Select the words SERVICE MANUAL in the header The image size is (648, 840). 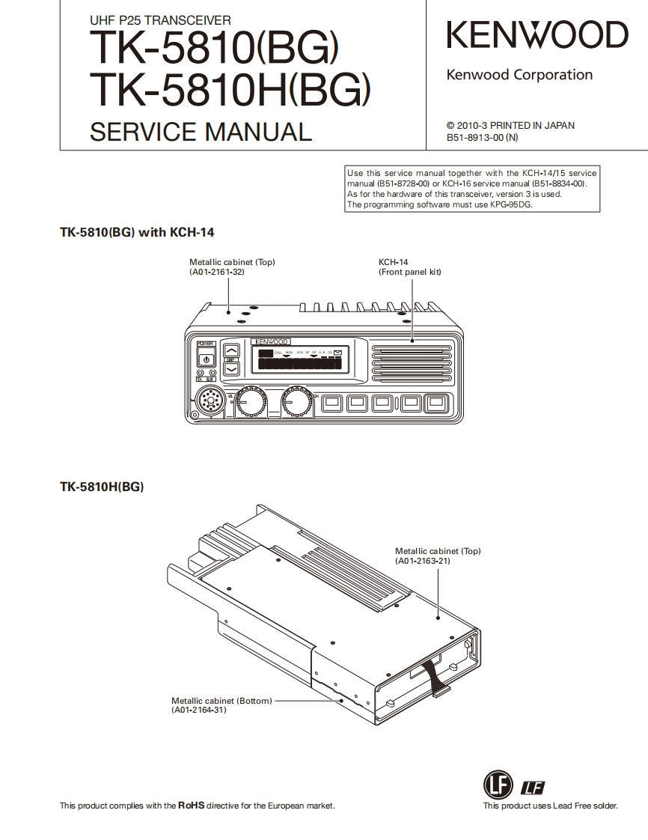coord(200,132)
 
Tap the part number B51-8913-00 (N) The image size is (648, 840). coord(482,138)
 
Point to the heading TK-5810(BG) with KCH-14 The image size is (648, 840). coord(137,233)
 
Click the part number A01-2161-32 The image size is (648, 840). coord(218,272)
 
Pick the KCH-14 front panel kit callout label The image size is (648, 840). coord(409,267)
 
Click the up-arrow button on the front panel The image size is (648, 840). coord(232,350)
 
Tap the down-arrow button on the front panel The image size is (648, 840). coord(232,368)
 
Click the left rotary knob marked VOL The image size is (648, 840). coord(249,403)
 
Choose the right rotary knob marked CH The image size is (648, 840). coord(298,403)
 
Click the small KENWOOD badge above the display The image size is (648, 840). coord(271,342)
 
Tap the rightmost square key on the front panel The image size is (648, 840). coord(435,404)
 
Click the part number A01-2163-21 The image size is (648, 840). coord(424,560)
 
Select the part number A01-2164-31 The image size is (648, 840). coord(198,710)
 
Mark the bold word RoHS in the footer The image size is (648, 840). coord(191,806)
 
